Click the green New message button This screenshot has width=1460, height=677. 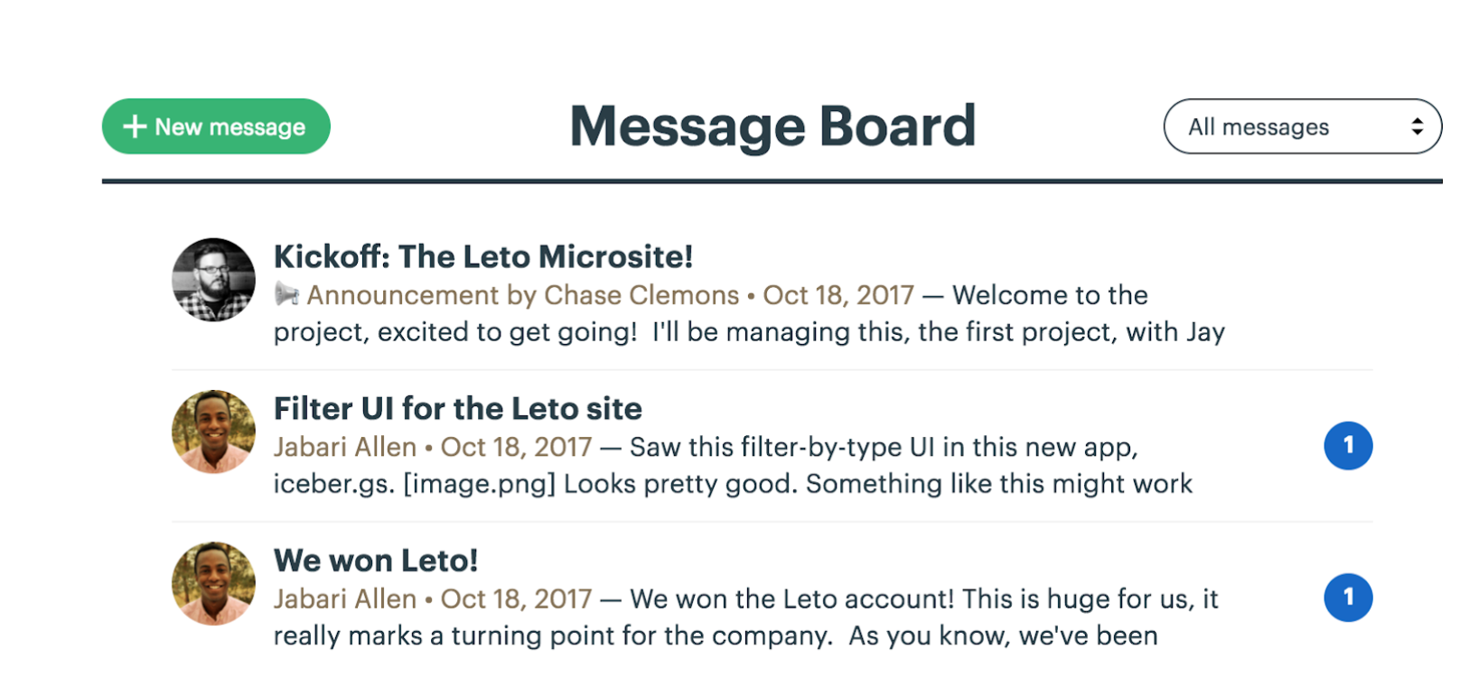(x=216, y=126)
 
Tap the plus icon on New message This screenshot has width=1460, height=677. (x=135, y=126)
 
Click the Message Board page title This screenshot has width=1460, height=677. (x=772, y=126)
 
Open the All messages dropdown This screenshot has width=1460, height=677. (x=1302, y=126)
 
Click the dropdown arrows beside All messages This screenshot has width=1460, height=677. (x=1417, y=126)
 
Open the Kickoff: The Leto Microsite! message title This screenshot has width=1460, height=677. (x=483, y=256)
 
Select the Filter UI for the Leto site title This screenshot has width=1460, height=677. (x=457, y=409)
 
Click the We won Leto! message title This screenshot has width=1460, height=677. (x=376, y=561)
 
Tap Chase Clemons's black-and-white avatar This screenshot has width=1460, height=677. (x=214, y=279)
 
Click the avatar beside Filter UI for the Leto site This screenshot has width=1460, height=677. (x=214, y=431)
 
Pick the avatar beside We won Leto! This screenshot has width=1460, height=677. (x=214, y=583)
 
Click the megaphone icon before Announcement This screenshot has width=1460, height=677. (x=286, y=294)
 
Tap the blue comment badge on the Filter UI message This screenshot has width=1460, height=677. (x=1348, y=446)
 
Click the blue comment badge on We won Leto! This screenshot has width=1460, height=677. (x=1348, y=598)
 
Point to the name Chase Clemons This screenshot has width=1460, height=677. (x=641, y=295)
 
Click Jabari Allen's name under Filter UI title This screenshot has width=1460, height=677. (x=345, y=447)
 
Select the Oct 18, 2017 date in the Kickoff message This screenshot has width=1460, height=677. (x=838, y=295)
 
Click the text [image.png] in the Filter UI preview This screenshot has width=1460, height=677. (x=479, y=485)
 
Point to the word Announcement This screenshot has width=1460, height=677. (x=402, y=295)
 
